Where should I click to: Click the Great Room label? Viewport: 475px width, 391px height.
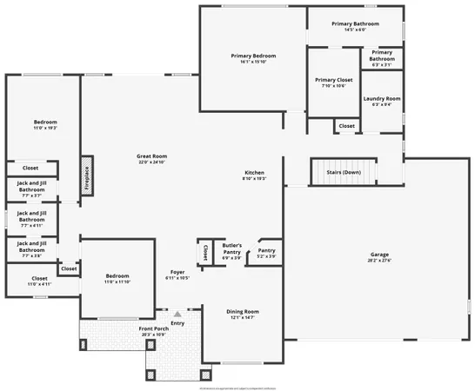point(151,158)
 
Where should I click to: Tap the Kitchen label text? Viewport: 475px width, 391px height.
point(253,175)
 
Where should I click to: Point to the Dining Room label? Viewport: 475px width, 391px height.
point(243,315)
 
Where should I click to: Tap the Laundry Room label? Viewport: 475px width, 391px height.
point(381,102)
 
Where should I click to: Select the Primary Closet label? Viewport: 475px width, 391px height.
point(334,83)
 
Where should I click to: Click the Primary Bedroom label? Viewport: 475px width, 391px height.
point(253,59)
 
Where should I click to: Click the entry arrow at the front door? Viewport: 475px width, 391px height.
point(177,314)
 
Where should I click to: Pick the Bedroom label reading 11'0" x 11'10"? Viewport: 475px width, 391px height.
point(117,278)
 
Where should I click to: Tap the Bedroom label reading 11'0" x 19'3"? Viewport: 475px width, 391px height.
point(45,124)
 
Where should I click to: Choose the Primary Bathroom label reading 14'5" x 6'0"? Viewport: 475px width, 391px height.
point(355,26)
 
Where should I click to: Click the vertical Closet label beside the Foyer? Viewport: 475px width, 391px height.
point(204,252)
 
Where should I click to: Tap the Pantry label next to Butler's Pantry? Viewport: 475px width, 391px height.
point(266,253)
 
